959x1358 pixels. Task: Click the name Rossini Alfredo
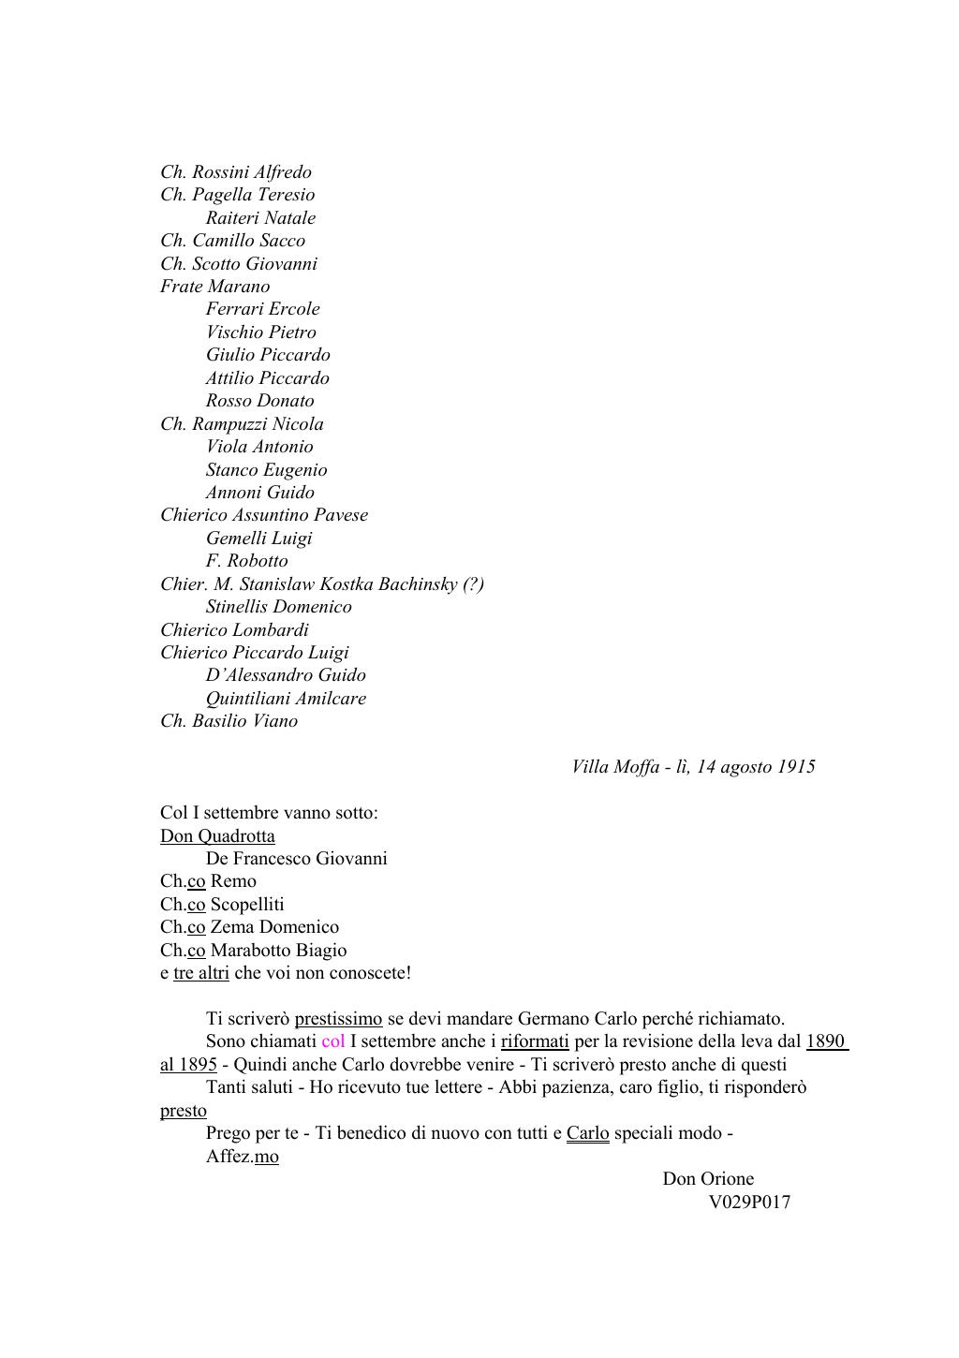(251, 172)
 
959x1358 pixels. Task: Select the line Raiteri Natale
(260, 218)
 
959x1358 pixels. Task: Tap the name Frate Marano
(214, 287)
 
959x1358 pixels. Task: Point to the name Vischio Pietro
(260, 332)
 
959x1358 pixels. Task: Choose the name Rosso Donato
(259, 401)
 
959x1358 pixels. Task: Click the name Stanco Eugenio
(266, 470)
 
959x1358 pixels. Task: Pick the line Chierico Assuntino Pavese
(264, 515)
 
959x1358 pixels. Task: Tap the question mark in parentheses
(473, 584)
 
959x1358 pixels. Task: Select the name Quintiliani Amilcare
(286, 699)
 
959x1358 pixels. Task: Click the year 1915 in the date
(795, 767)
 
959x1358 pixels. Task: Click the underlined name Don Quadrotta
(217, 836)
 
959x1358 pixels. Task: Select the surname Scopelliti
(247, 905)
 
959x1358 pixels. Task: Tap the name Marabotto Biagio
(278, 951)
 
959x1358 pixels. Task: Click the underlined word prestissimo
(338, 1019)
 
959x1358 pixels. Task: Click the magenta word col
(332, 1041)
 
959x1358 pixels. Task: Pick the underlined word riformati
(535, 1041)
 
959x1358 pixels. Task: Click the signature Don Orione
(708, 1179)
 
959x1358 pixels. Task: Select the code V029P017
(749, 1203)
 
